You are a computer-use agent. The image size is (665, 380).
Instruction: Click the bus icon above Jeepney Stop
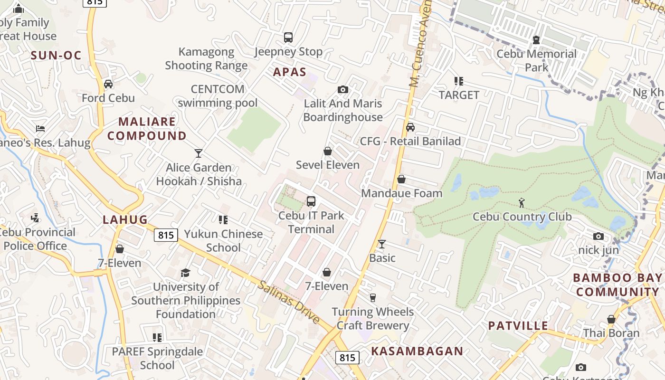[x=288, y=38]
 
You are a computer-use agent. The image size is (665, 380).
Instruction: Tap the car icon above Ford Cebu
[x=108, y=84]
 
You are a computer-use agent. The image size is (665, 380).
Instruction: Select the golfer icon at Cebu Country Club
[x=522, y=203]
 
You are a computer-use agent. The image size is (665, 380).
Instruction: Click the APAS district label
[x=290, y=72]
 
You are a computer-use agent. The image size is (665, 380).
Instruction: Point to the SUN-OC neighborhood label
[x=56, y=55]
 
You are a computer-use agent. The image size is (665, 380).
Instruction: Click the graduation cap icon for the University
[x=185, y=273]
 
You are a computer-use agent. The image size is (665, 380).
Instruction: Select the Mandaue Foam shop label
[x=402, y=193]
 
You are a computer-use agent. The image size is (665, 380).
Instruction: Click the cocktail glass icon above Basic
[x=382, y=244]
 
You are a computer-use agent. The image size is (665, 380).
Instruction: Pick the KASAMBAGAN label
[x=417, y=351]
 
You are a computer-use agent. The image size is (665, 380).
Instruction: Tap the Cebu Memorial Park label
[x=536, y=61]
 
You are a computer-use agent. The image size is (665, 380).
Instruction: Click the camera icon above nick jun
[x=598, y=236]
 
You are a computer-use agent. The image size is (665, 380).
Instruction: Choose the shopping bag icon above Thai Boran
[x=611, y=319]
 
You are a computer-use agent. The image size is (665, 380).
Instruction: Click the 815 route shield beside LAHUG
[x=166, y=235]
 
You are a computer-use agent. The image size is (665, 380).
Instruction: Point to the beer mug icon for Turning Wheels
[x=373, y=298]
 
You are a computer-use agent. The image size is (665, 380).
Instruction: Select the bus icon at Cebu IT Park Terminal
[x=311, y=201]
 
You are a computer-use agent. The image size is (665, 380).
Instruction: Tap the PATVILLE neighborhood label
[x=518, y=326]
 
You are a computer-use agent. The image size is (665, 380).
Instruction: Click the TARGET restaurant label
[x=459, y=95]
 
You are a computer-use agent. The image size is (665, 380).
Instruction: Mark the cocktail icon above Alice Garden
[x=199, y=153]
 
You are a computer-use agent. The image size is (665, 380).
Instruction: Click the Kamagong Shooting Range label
[x=206, y=58]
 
